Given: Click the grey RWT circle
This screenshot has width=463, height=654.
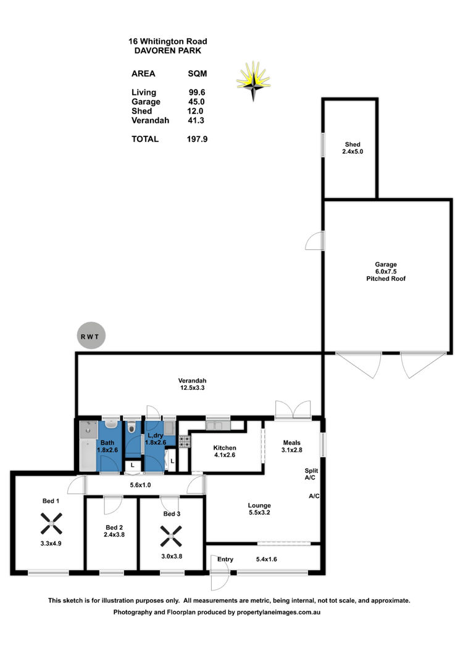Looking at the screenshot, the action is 91,336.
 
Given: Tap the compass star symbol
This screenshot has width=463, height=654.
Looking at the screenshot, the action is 253,81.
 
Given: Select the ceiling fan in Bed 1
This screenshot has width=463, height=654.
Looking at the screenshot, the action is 51,524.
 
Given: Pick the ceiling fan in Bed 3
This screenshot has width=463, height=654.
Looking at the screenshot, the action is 171,536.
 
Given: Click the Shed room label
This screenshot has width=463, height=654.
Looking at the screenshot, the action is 352,144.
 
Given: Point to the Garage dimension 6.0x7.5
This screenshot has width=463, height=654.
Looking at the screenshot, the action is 386,271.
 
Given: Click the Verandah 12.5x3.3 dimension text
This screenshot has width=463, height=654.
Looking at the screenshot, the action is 192,387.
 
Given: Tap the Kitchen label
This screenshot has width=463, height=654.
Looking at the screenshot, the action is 225,447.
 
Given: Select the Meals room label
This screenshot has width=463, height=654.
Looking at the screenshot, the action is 291,442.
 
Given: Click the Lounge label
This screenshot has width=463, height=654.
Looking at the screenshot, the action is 259,505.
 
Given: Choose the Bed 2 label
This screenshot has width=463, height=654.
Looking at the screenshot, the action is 114,527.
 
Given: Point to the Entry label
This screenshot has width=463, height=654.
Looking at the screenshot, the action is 225,560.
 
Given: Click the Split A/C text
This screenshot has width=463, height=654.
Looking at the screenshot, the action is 311,474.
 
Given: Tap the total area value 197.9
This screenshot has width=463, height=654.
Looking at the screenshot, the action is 197,139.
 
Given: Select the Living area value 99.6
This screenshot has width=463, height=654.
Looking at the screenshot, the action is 197,92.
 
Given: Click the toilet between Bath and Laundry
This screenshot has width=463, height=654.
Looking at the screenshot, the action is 132,427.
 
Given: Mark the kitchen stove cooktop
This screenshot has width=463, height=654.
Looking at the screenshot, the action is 185,441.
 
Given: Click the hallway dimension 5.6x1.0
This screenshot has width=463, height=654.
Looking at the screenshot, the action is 140,485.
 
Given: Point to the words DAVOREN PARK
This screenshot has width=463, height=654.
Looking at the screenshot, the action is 167,51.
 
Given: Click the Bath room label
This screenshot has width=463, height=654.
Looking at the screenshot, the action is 107,442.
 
